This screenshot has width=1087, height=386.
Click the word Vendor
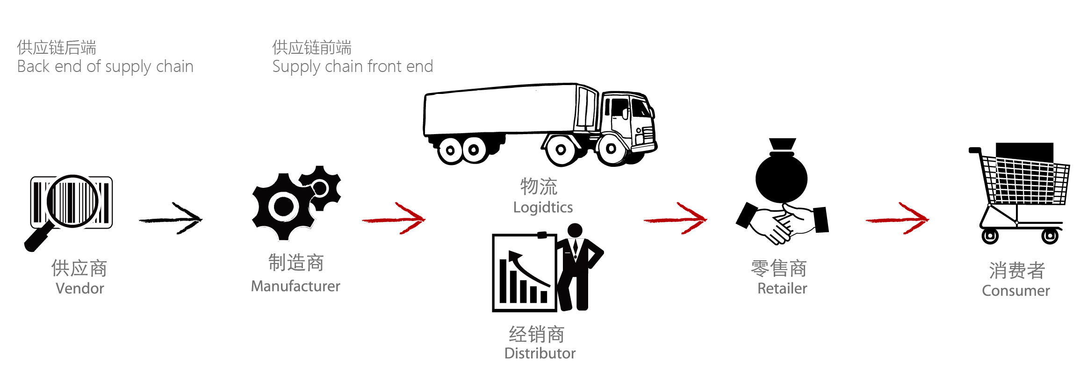click(79, 288)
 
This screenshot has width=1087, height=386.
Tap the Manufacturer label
click(295, 286)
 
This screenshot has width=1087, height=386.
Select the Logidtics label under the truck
click(543, 207)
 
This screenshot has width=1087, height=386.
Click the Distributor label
click(540, 353)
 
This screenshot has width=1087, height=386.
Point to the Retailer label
click(782, 288)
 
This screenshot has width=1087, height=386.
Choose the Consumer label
click(1015, 291)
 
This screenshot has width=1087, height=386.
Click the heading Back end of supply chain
click(105, 66)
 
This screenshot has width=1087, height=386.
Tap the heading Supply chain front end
click(353, 66)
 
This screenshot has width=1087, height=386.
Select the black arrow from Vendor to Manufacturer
click(171, 219)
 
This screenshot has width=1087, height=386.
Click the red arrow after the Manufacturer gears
click(394, 219)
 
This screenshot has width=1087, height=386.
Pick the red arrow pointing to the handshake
click(675, 219)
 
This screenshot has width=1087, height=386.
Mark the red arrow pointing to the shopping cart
click(897, 219)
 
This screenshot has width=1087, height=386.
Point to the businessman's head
click(575, 229)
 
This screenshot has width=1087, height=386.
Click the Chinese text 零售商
click(779, 269)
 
